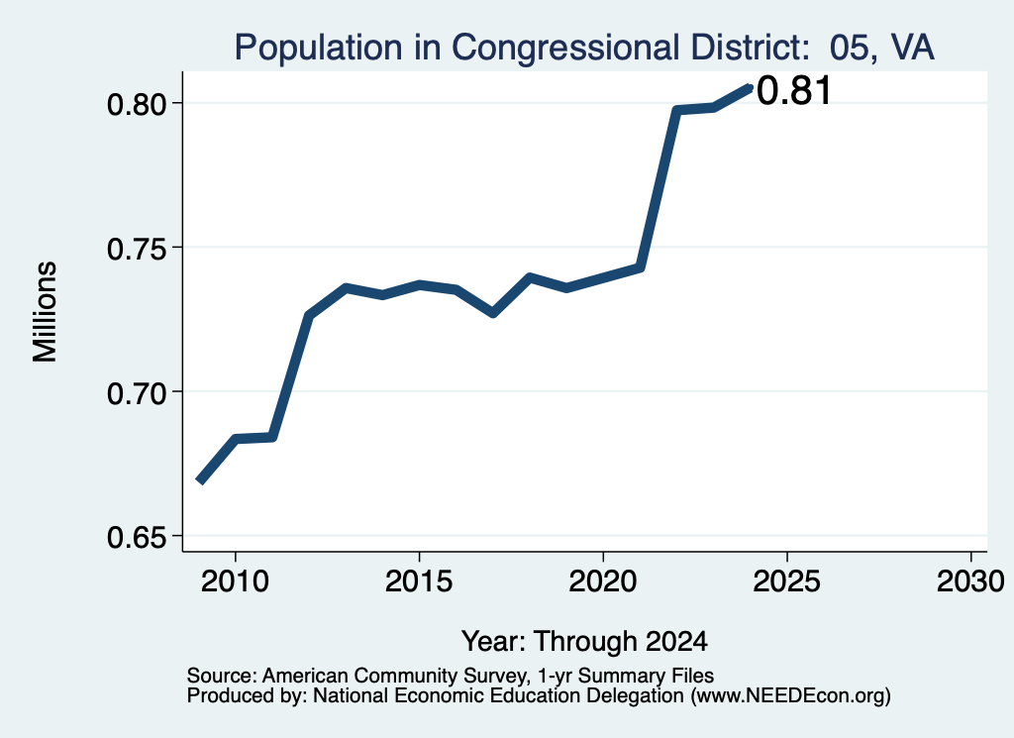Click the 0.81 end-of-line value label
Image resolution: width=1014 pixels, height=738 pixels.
[x=793, y=90]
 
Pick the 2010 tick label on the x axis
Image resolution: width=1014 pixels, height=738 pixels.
[x=235, y=581]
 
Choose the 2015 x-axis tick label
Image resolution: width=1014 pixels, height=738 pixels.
[x=419, y=581]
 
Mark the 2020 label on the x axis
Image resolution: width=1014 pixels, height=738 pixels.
[x=603, y=581]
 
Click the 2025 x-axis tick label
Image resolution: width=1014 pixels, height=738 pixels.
[x=787, y=581]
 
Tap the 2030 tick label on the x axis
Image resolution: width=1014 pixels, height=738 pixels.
[x=970, y=581]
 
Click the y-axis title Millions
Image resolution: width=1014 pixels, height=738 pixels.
[x=46, y=312]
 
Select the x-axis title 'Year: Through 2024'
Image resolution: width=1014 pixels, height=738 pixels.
[x=584, y=642]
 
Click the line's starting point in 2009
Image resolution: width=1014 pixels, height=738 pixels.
[x=200, y=481]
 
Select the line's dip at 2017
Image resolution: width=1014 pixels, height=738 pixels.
[x=493, y=313]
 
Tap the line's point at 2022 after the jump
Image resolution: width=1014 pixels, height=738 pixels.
[x=676, y=111]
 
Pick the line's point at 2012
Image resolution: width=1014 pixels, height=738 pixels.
[x=309, y=316]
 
